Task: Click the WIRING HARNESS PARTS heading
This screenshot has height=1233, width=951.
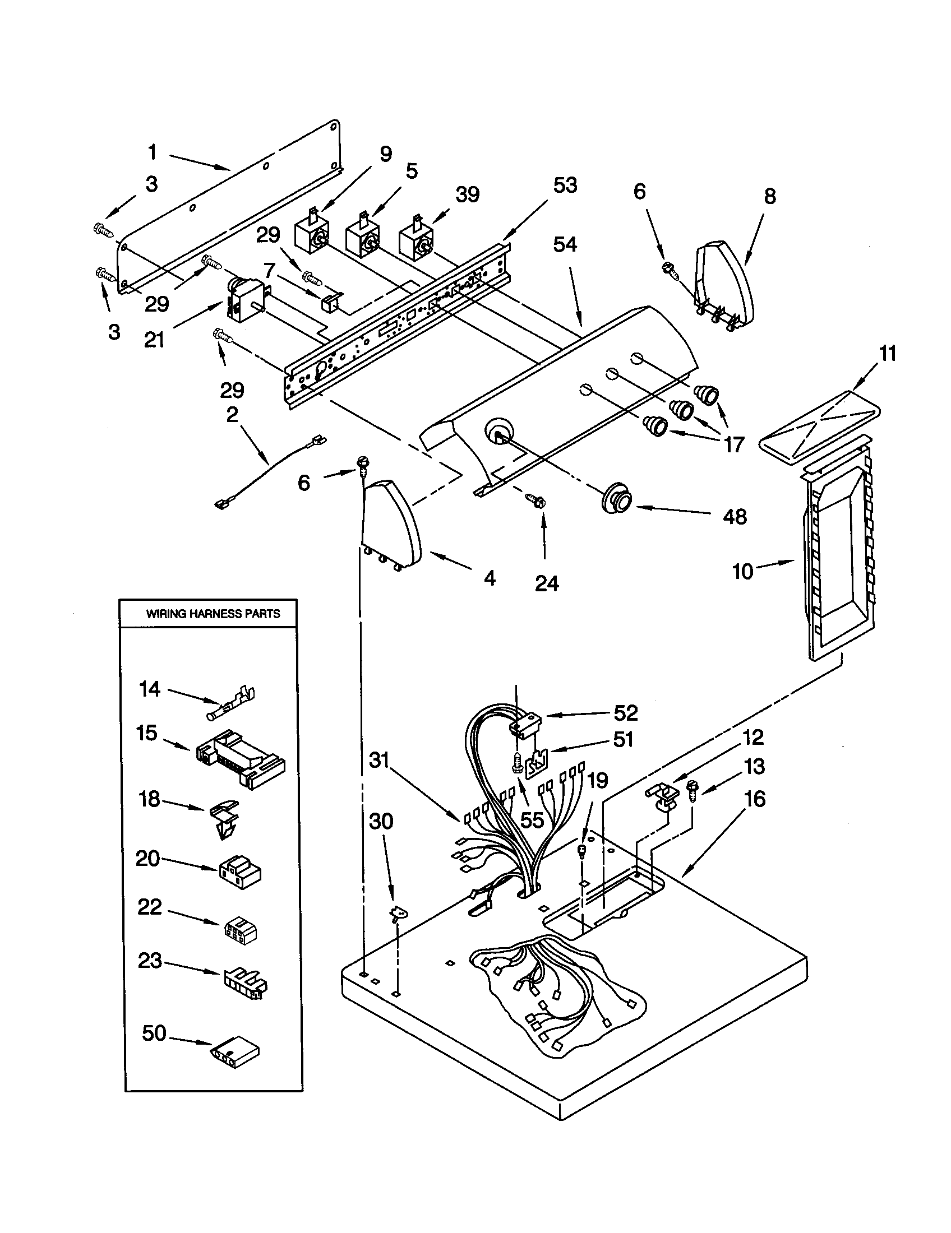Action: click(213, 614)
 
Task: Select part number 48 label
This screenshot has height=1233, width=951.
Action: click(735, 517)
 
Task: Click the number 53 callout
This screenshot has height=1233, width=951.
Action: click(565, 184)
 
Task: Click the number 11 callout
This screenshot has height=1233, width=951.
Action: click(887, 354)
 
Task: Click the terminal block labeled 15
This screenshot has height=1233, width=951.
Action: click(240, 758)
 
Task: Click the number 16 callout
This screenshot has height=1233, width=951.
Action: click(755, 799)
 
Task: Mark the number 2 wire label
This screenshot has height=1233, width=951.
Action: click(232, 415)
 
